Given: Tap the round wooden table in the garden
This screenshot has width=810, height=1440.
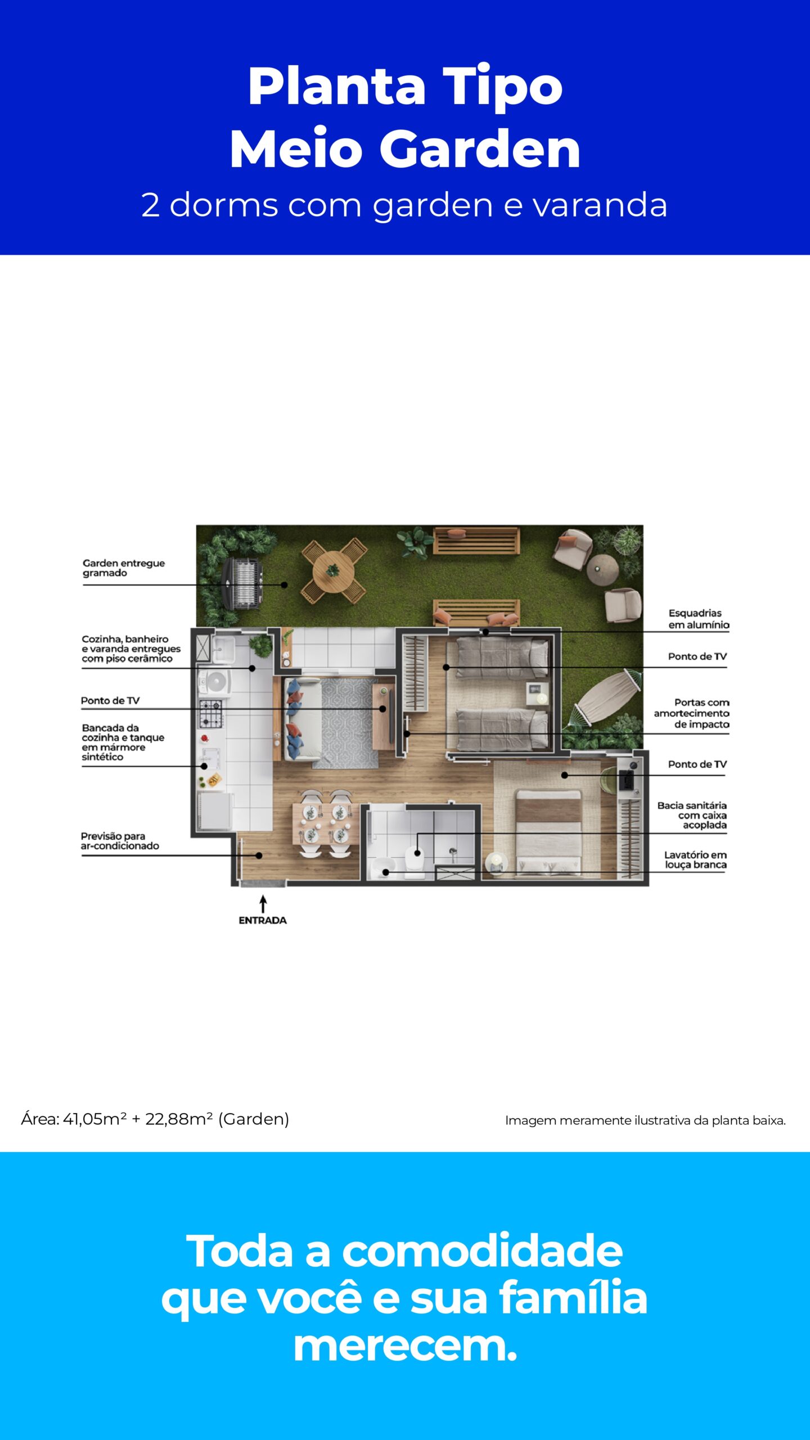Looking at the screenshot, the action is (334, 571).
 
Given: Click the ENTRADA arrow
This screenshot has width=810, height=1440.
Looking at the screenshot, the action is (263, 904).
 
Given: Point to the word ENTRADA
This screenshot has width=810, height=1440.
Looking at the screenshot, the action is (263, 920).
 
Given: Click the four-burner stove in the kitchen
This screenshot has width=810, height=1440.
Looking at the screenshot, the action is (211, 713).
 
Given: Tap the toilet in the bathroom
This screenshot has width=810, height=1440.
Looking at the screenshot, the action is (415, 861).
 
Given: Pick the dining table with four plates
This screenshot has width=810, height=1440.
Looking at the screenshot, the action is (325, 823).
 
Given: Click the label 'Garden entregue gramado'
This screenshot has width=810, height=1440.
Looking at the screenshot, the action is (124, 568).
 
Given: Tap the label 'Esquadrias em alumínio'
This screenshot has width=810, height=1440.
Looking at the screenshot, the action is (699, 619).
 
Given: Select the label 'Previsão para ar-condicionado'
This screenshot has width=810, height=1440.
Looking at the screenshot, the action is (120, 841).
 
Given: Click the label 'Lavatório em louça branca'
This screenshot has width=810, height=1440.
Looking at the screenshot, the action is (695, 859).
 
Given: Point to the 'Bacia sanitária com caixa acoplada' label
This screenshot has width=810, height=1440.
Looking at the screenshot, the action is (692, 815).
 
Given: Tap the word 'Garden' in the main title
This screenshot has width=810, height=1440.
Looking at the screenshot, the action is (480, 149).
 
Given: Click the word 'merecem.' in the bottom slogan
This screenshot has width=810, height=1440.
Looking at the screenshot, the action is (405, 1346).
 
